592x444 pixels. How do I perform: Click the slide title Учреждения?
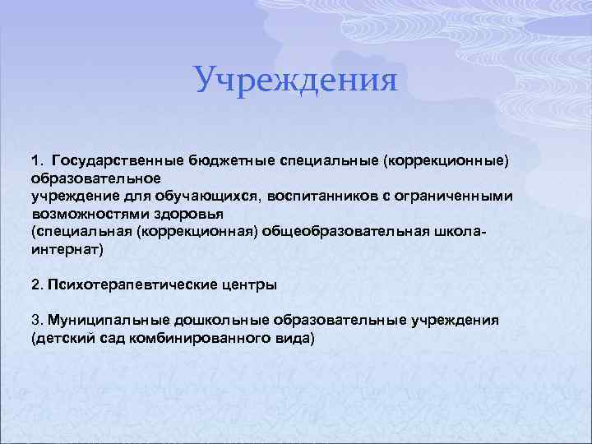coord(296,81)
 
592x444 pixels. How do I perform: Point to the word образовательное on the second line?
coord(97,177)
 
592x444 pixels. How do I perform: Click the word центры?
coord(250,284)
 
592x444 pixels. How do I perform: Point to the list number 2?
coord(36,284)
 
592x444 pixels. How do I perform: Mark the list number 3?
coord(36,320)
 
